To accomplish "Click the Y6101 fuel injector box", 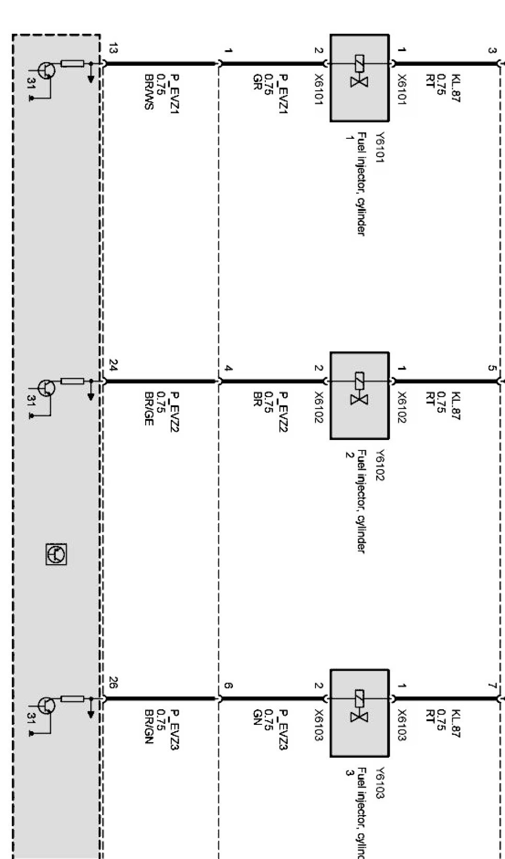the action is coord(360,78).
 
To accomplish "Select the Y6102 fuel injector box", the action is coord(360,396).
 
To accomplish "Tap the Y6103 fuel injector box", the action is coord(360,713).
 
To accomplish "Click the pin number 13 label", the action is coord(113,49).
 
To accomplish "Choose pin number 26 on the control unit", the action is coord(113,682).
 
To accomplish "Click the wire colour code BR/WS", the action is coord(149,92).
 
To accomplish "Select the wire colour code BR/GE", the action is coord(149,409).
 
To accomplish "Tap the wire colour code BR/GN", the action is coord(149,726).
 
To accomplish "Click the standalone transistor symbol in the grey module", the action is coord(56,554).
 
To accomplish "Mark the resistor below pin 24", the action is coord(73,381).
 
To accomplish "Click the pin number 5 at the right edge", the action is coord(491,368).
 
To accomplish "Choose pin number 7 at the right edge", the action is coord(491,685).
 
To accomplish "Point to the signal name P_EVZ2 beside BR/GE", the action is coord(174,411).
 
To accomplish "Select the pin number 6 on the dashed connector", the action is coord(228,685).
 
